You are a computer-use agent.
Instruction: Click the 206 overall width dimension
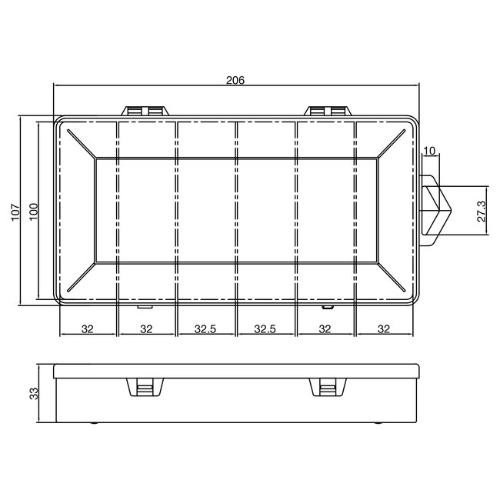[x=236, y=80]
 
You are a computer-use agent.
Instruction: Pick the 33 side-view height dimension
[x=33, y=394]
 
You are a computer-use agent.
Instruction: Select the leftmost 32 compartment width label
[x=88, y=329]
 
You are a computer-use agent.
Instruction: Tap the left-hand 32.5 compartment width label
[x=205, y=329]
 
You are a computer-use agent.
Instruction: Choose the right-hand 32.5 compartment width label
[x=265, y=329]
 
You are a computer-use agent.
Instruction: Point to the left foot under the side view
[x=95, y=422]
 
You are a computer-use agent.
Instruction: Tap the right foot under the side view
[x=378, y=422]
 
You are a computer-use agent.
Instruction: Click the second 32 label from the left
[x=147, y=329]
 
